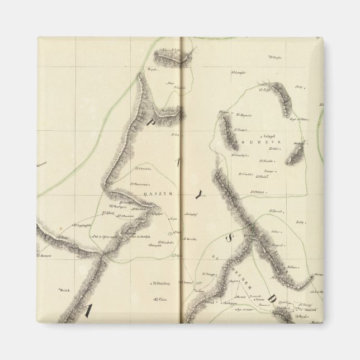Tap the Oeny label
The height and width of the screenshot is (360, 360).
(299, 87)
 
